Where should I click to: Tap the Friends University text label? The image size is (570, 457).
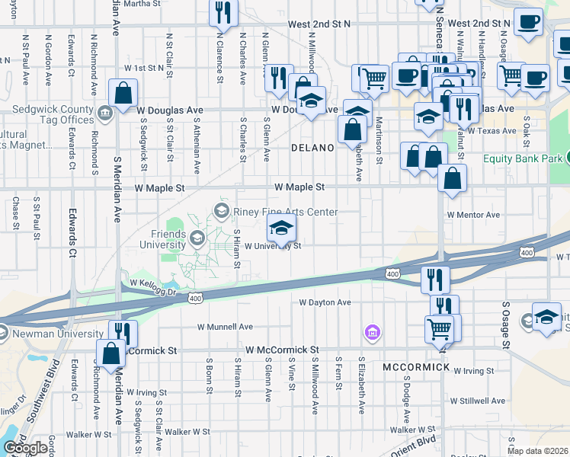click(x=152, y=239)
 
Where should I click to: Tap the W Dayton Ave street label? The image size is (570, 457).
click(x=325, y=302)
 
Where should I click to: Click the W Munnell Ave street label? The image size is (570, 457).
click(x=225, y=327)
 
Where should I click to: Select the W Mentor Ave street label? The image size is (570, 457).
click(x=473, y=215)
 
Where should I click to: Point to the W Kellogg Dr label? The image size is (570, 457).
click(x=152, y=283)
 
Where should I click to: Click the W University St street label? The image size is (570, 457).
click(x=273, y=246)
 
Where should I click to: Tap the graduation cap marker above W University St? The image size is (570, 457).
click(x=281, y=228)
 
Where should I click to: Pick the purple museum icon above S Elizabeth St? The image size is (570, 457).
click(x=371, y=332)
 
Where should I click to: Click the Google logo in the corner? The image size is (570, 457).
click(x=25, y=448)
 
